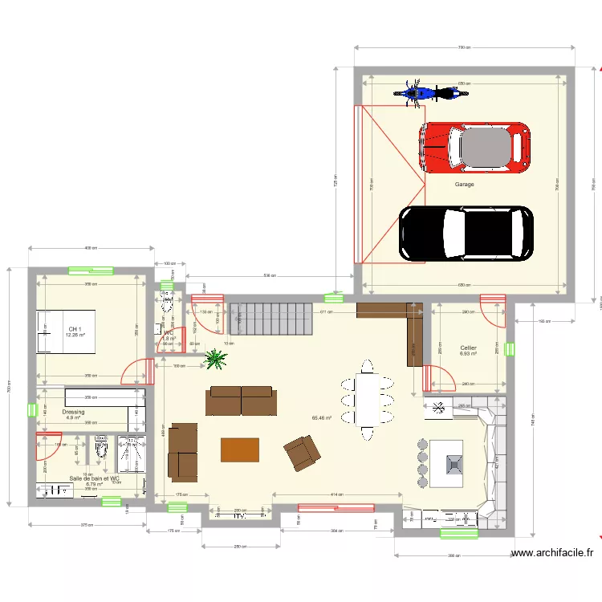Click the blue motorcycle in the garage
[x=431, y=92]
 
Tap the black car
[x=466, y=234]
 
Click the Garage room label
[x=464, y=185]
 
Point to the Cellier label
[x=468, y=348]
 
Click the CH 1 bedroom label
[x=75, y=330]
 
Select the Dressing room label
[x=73, y=412]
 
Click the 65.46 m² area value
[x=322, y=418]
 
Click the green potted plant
[x=214, y=360]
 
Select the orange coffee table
[x=240, y=449]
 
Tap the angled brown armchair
[x=301, y=454]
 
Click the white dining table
[x=367, y=400]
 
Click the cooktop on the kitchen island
[x=453, y=463]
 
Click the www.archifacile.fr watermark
[x=554, y=552]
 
